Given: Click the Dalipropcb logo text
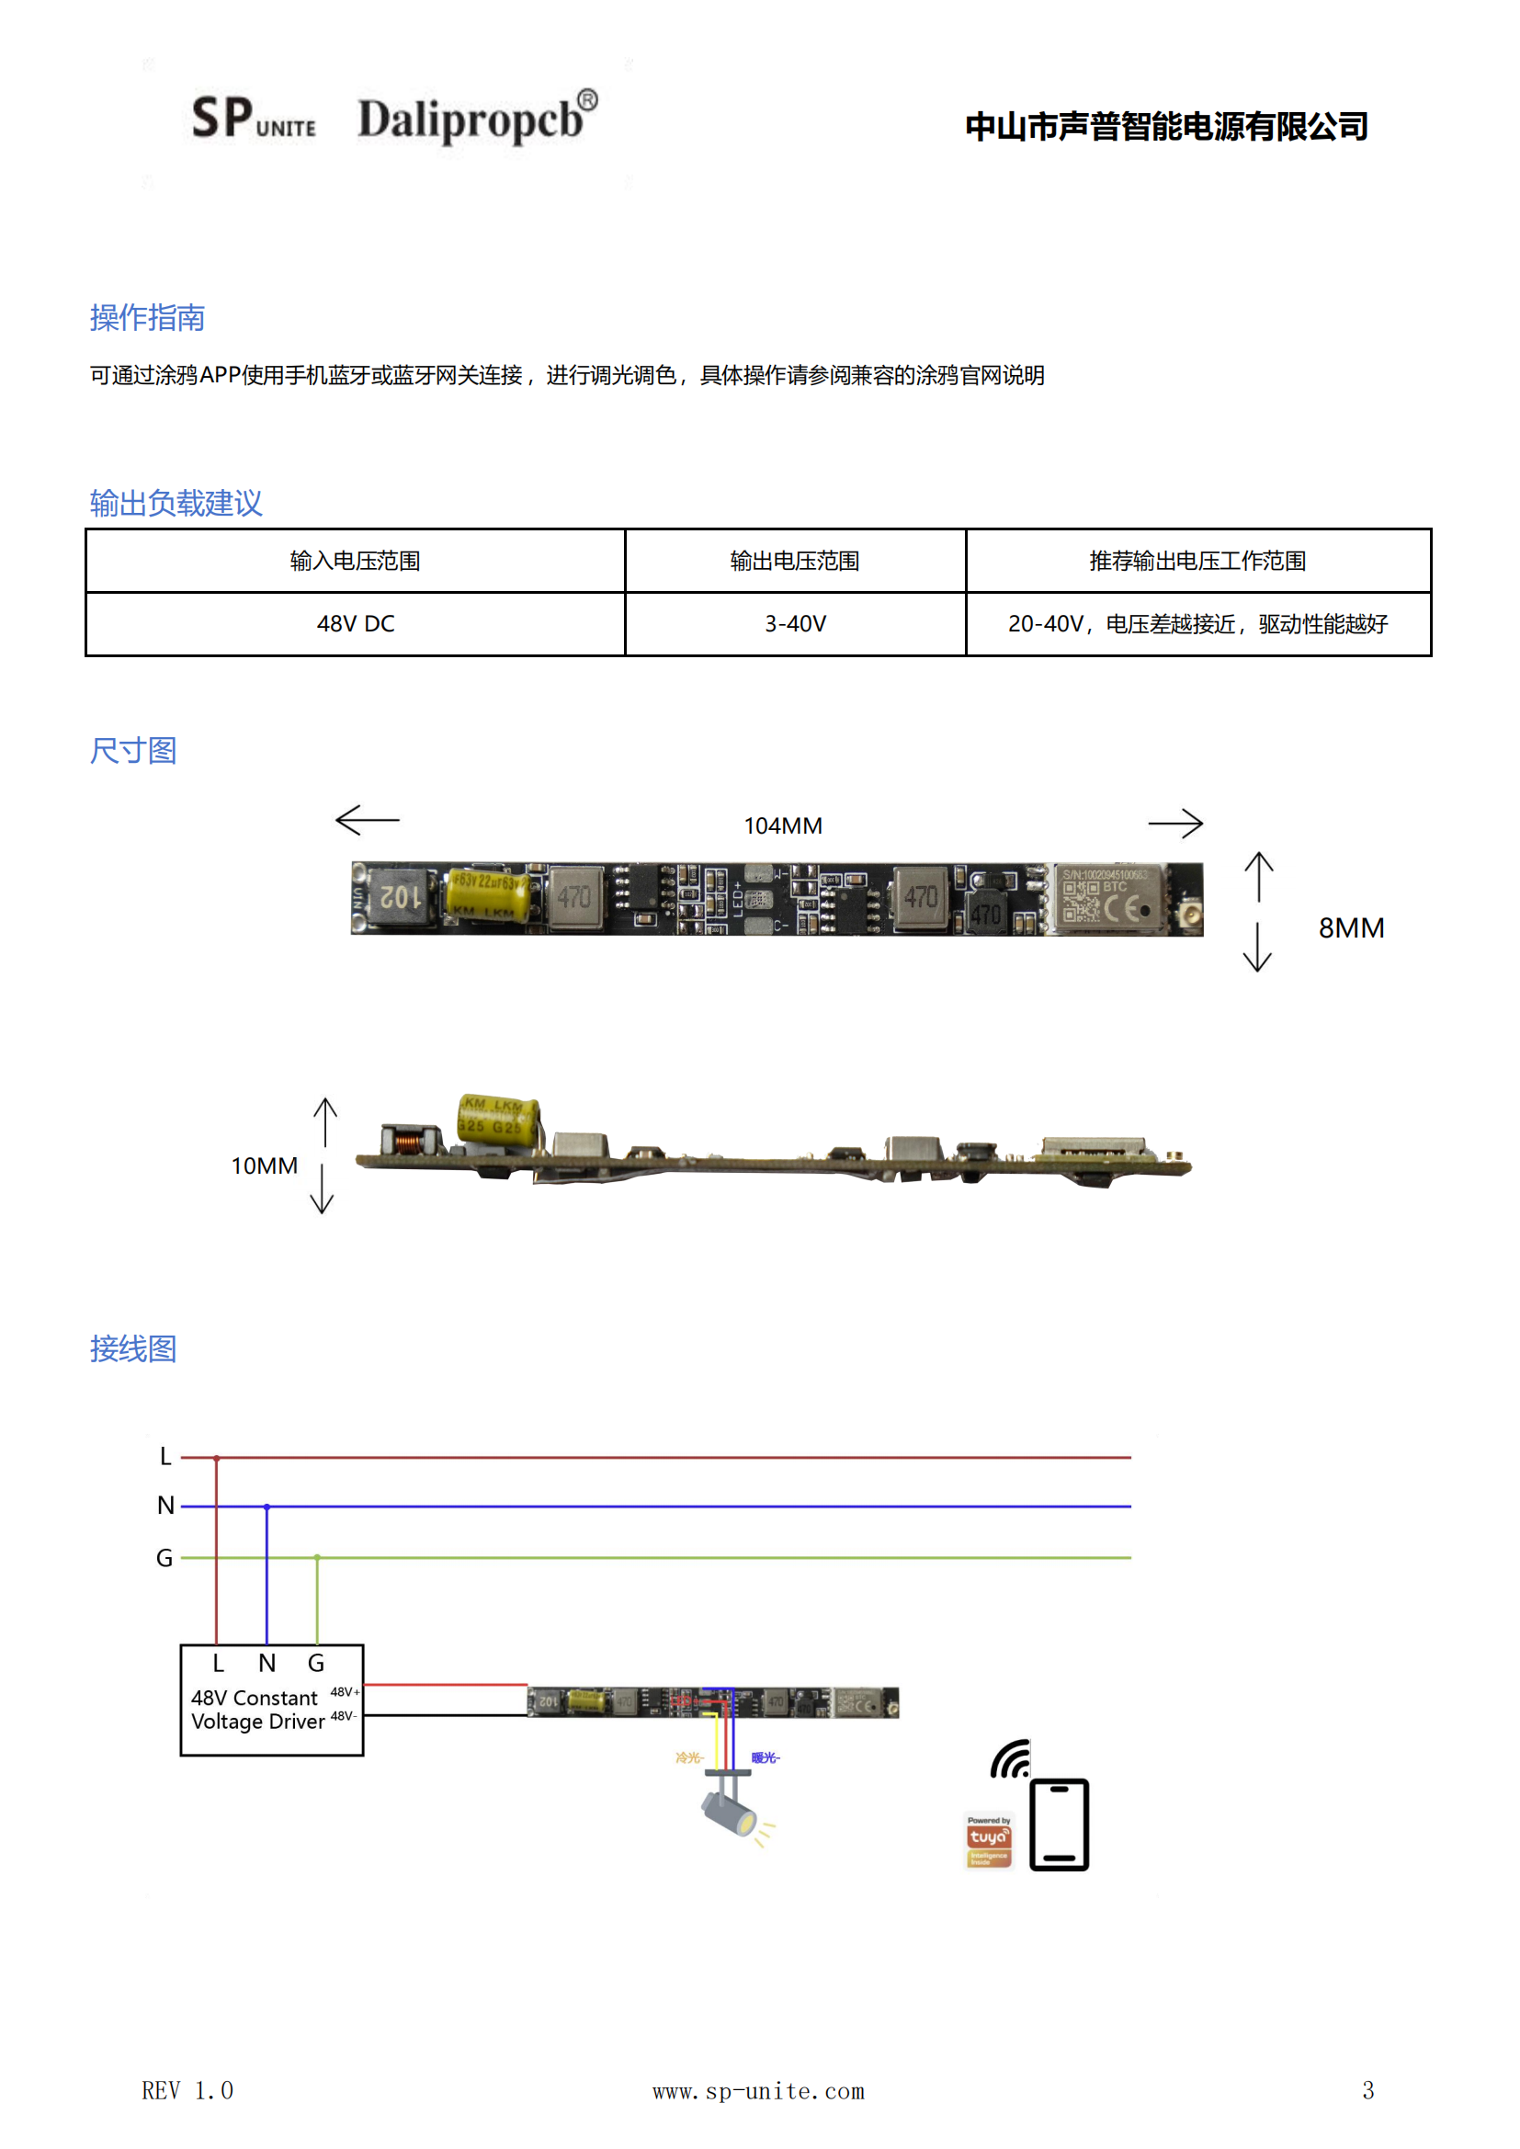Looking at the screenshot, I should point(476,119).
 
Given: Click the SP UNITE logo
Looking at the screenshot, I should point(253,119).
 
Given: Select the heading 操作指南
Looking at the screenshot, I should point(147,318).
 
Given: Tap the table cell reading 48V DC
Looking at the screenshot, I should point(356,624).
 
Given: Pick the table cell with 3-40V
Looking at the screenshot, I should point(795,624).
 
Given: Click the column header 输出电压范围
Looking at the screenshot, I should point(795,561).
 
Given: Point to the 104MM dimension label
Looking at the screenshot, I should point(782,825).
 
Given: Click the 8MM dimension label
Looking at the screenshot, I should point(1351,927).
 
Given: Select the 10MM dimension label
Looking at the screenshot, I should point(264,1165).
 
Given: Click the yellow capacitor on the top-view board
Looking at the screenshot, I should point(487,893).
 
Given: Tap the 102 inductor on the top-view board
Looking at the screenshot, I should point(402,897).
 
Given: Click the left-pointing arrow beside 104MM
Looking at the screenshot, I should point(367,820).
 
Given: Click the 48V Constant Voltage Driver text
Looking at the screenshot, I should point(256,1709).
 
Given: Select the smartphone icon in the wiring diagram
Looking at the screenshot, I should point(1059,1825).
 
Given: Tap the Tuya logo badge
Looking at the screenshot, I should point(989,1840).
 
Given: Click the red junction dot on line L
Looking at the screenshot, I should point(216,1458).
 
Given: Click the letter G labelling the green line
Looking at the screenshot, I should point(164,1557).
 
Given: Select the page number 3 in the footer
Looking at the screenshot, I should point(1367,2090).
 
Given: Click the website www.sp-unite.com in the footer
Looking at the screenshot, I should point(758,2091).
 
